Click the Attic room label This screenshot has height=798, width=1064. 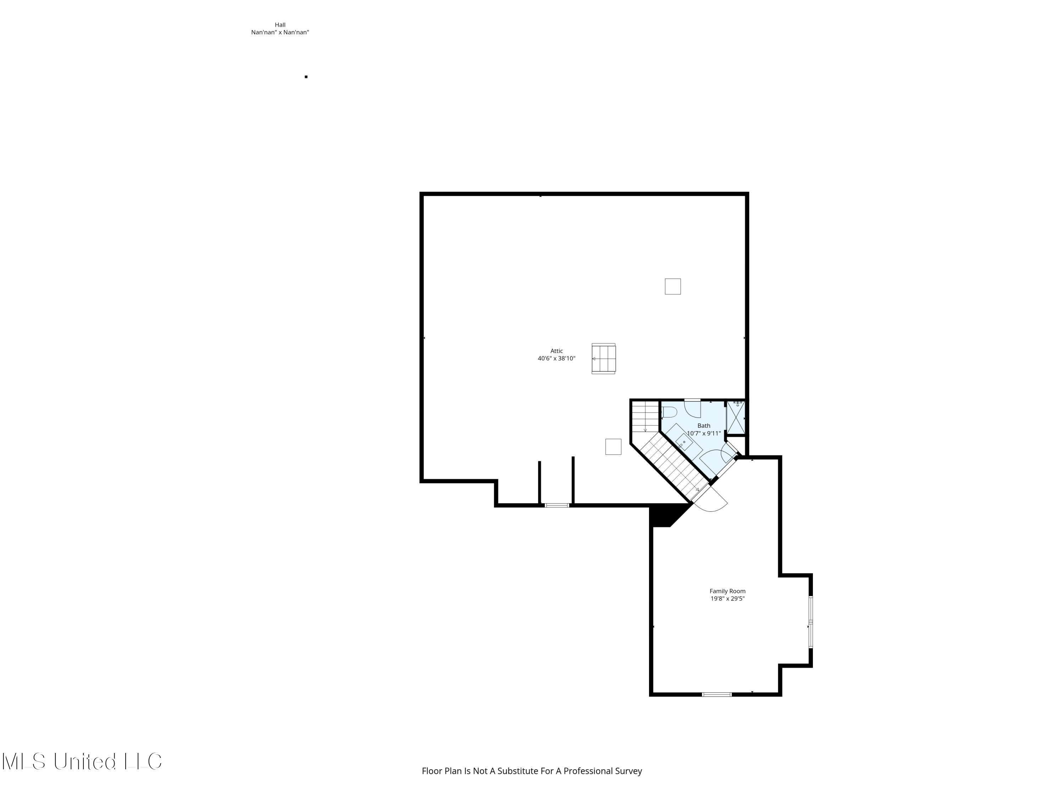(x=556, y=351)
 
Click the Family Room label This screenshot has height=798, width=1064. (x=727, y=591)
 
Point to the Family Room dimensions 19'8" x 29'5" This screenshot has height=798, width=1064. (x=727, y=599)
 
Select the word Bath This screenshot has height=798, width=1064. (x=704, y=426)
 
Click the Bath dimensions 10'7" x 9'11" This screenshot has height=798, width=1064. (x=704, y=433)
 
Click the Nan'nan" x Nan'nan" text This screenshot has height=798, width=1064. (x=280, y=33)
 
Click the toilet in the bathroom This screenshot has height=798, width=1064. (x=670, y=412)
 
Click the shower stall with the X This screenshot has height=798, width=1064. (x=736, y=417)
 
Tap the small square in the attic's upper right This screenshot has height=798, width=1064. (x=672, y=287)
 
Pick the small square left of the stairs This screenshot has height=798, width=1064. (x=613, y=447)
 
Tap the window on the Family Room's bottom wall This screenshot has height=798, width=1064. (x=716, y=694)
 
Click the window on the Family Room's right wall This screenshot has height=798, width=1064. (x=810, y=622)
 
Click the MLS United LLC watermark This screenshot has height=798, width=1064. (x=82, y=761)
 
